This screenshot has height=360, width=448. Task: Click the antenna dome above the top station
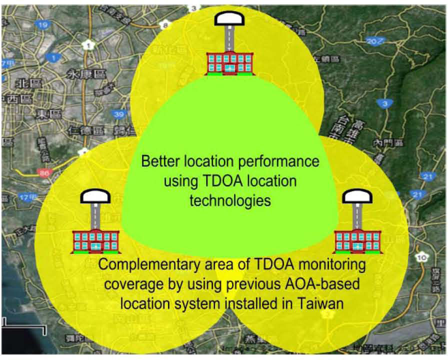(x=229, y=19)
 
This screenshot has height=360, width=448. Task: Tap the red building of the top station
(x=229, y=62)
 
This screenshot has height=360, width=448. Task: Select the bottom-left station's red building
(x=96, y=240)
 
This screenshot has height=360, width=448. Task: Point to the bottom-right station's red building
(x=357, y=240)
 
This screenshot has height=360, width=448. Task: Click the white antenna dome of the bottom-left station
(x=95, y=197)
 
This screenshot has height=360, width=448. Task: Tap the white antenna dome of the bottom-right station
(x=357, y=197)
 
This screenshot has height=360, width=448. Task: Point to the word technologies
(x=230, y=200)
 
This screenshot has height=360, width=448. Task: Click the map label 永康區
(x=86, y=74)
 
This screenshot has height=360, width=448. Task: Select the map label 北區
(x=23, y=83)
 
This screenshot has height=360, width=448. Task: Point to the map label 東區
(x=48, y=114)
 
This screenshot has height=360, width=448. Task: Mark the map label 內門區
(x=387, y=143)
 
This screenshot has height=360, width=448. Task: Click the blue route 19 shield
(x=43, y=24)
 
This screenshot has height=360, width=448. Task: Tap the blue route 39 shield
(x=118, y=114)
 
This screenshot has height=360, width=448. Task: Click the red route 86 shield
(x=44, y=173)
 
